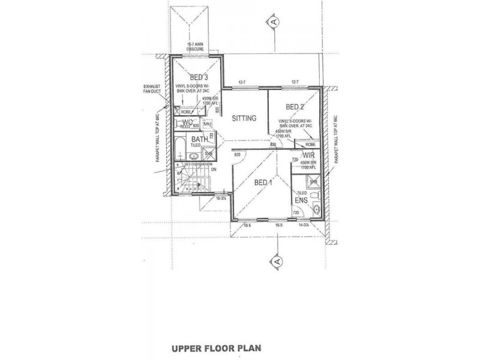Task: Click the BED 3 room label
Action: coord(199,77)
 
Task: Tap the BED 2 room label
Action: coord(295,107)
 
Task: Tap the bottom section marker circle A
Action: coord(275,261)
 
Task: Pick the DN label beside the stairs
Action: coord(214,169)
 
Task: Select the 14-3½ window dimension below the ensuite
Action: coord(310,226)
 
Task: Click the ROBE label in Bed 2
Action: coord(310,145)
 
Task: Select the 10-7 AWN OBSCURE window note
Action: coord(196,47)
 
